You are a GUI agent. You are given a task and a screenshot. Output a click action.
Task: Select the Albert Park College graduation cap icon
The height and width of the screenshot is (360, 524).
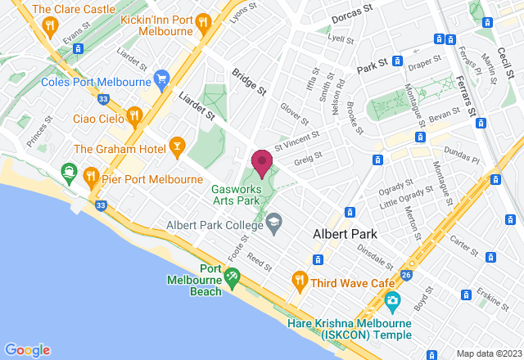(273, 221)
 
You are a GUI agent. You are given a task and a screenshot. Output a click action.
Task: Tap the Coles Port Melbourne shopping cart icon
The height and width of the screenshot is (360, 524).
(161, 80)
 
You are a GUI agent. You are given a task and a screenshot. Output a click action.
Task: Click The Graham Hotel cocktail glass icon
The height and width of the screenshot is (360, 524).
(176, 148)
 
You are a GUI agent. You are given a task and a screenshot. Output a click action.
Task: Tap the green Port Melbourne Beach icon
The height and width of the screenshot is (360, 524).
(232, 279)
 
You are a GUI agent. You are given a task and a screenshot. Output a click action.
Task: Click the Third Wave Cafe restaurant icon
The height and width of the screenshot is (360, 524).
(300, 282)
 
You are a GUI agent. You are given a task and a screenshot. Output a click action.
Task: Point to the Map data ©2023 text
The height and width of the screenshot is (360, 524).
(488, 353)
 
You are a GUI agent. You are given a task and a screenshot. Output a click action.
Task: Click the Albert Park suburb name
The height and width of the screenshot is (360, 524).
(346, 235)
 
